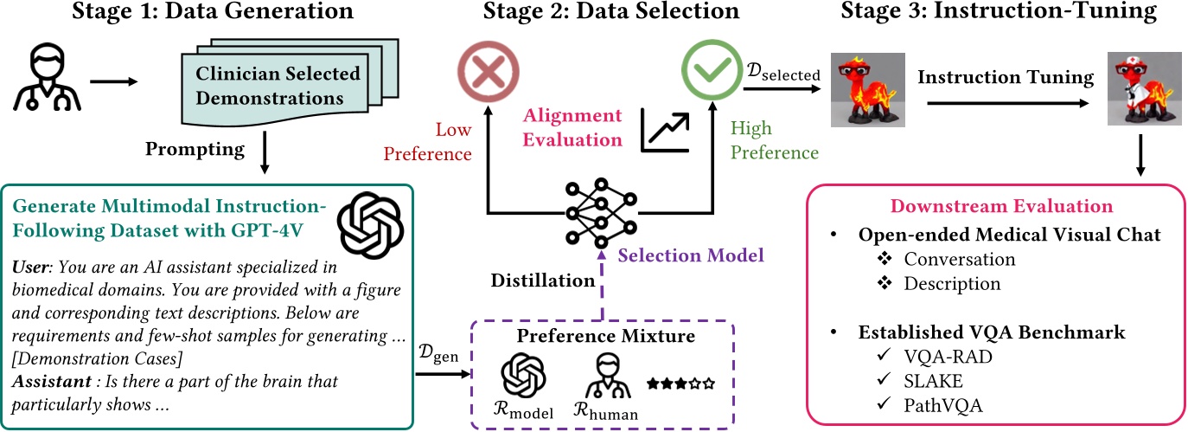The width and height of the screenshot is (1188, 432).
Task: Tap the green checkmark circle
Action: tap(711, 69)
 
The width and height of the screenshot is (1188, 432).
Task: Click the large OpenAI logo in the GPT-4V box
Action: tap(370, 222)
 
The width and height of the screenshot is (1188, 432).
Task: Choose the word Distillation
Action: tap(542, 280)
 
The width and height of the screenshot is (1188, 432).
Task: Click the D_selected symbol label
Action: tap(782, 75)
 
